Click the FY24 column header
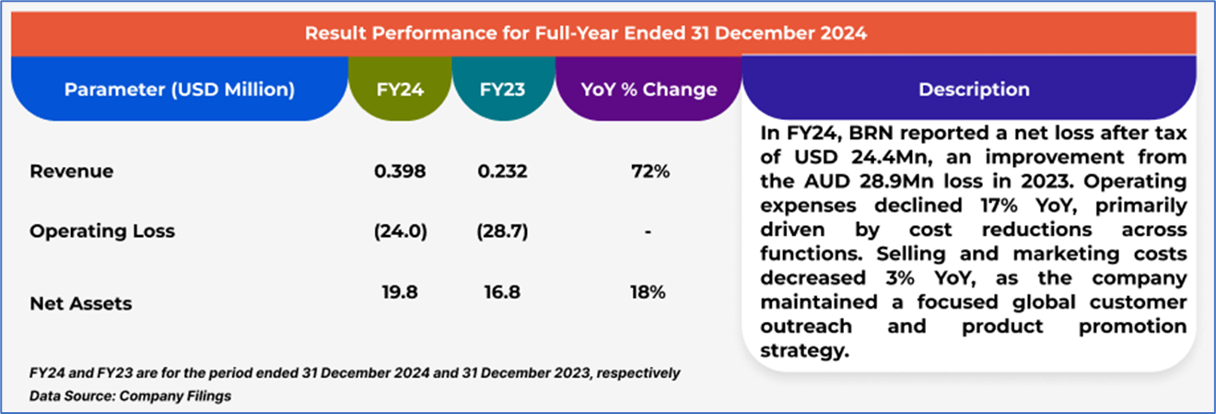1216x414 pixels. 400,89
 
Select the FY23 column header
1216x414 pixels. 504,89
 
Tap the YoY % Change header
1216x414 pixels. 649,89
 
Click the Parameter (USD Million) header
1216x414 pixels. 180,89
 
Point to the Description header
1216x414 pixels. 974,89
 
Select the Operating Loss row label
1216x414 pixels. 102,231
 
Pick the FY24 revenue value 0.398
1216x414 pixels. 400,172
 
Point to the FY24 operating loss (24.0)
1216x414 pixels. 400,231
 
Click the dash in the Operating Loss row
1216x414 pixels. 649,232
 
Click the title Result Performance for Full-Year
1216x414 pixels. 586,35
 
